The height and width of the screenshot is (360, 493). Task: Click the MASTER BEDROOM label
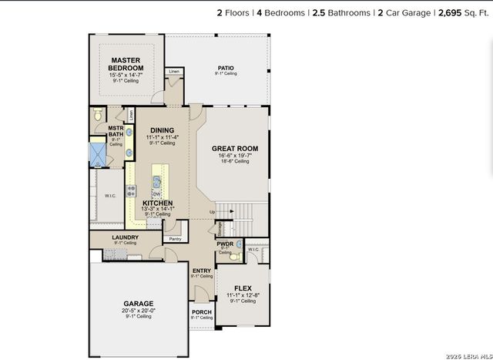pyautogui.click(x=126, y=63)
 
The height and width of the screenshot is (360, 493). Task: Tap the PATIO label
pyautogui.click(x=225, y=68)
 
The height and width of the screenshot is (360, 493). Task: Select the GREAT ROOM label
pyautogui.click(x=235, y=148)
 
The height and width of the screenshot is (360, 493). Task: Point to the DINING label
pyautogui.click(x=162, y=130)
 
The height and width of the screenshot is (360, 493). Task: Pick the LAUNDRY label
pyautogui.click(x=125, y=237)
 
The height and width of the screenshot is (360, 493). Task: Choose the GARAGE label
pyautogui.click(x=139, y=303)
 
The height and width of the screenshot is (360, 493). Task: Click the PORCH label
pyautogui.click(x=201, y=312)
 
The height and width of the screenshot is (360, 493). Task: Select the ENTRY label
pyautogui.click(x=202, y=271)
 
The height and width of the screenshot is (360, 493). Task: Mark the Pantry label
pyautogui.click(x=176, y=239)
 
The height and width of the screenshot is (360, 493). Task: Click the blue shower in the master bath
pyautogui.click(x=98, y=152)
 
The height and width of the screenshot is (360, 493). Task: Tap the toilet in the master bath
pyautogui.click(x=97, y=115)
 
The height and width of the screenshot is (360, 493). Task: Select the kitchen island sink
pyautogui.click(x=156, y=183)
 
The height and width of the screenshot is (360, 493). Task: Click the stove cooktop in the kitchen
pyautogui.click(x=132, y=190)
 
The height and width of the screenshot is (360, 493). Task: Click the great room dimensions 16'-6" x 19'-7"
pyautogui.click(x=235, y=156)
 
